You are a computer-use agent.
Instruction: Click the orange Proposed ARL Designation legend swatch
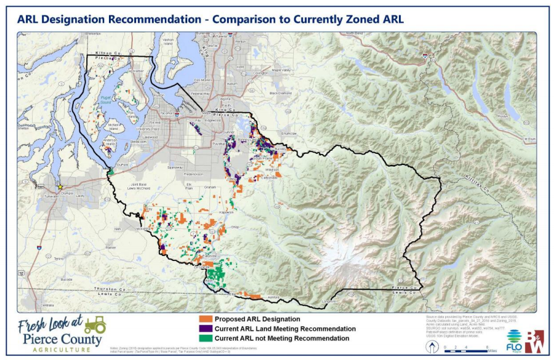pyautogui.click(x=206, y=319)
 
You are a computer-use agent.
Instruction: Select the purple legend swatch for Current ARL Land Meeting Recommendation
pyautogui.click(x=206, y=329)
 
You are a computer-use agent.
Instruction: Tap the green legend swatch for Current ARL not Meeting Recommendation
pyautogui.click(x=206, y=338)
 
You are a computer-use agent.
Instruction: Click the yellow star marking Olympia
pyautogui.click(x=60, y=186)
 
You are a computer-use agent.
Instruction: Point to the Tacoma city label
pyautogui.click(x=167, y=113)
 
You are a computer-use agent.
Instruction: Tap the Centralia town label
pyautogui.click(x=46, y=305)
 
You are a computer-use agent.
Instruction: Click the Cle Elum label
pyautogui.click(x=528, y=140)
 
